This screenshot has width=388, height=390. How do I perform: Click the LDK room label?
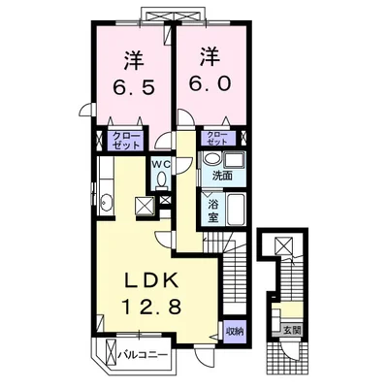pos(152,280)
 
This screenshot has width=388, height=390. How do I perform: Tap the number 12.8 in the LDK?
pos(151,307)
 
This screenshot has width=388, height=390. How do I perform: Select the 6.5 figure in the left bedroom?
pos(133,86)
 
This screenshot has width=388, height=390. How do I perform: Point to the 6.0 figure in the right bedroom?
pos(210,83)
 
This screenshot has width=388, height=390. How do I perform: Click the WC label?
pos(161,164)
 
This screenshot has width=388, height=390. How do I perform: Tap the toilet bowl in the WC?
pos(161,179)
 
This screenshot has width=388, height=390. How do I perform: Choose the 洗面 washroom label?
pos(222,177)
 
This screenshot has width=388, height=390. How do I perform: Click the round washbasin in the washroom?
pos(211,159)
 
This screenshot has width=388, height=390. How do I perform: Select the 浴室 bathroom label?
pos(212,211)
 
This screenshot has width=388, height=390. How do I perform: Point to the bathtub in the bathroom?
pos(237,210)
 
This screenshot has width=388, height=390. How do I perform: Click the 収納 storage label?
pos(235,331)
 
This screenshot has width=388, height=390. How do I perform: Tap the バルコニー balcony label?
pos(143,355)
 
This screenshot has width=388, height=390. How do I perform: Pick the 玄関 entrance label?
pos(292,331)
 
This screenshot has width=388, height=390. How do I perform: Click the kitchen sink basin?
pos(106,203)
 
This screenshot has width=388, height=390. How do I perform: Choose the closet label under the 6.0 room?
pos(217,138)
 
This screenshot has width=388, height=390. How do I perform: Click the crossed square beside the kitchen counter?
pos(145,206)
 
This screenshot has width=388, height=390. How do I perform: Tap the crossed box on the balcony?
pos(111,353)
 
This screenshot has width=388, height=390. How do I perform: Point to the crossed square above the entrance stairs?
pos(283,245)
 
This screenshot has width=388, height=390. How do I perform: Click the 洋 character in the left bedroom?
pos(133,60)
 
